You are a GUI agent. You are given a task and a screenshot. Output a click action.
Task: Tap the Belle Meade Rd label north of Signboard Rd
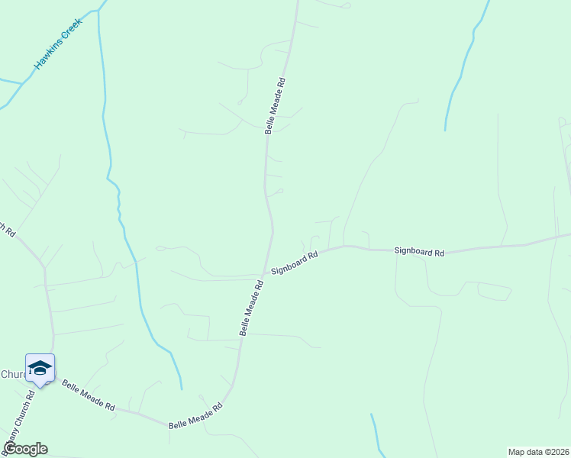(275, 105)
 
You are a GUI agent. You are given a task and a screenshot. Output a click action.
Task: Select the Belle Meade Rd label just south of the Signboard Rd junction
(251, 308)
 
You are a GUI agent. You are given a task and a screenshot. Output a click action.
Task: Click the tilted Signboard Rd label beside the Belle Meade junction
(293, 264)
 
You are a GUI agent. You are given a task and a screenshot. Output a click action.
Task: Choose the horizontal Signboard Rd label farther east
(419, 251)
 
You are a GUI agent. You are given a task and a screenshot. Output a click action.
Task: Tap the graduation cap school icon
(40, 369)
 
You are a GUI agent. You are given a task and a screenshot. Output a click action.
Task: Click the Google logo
(25, 449)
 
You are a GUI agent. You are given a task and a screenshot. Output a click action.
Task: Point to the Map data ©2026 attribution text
(539, 452)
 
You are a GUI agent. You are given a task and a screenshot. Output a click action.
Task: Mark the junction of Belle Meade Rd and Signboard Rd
(266, 273)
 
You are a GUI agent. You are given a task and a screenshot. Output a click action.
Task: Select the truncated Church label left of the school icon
(13, 374)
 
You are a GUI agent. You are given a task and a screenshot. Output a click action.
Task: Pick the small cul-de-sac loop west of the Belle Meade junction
(160, 248)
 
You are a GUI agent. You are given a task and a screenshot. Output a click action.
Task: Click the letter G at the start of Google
(10, 449)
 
